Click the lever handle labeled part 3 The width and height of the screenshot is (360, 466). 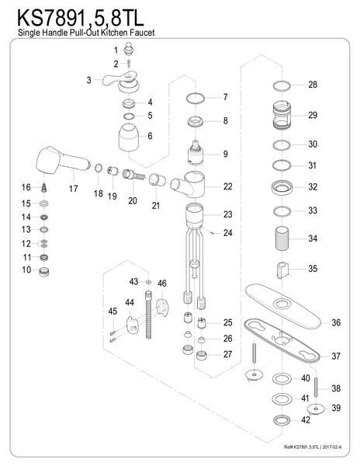[x=122, y=82]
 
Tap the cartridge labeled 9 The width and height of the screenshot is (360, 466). [x=196, y=153]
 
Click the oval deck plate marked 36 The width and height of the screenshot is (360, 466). [x=283, y=305]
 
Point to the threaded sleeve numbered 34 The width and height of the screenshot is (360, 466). [x=282, y=238]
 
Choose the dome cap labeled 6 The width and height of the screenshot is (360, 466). [x=129, y=137]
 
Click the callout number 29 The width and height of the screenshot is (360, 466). [x=313, y=115]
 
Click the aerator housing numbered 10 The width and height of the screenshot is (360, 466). [x=44, y=272]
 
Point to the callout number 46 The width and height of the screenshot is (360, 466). [x=162, y=283]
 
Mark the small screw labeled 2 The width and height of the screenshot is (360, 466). [x=129, y=64]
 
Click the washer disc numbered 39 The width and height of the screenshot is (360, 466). [x=316, y=409]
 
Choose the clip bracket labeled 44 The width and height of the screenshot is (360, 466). [x=132, y=325]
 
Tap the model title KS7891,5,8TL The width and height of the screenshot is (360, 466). [x=81, y=19]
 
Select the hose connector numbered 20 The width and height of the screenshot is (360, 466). [x=133, y=175]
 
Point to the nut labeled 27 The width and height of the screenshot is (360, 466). [x=202, y=355]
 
